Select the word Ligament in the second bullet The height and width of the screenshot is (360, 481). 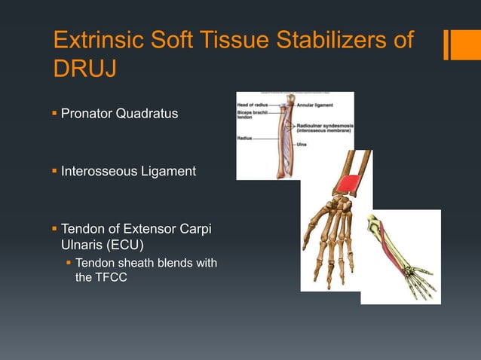[166, 172]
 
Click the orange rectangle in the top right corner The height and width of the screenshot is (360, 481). [460, 43]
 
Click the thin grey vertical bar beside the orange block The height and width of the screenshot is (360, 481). [446, 43]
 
